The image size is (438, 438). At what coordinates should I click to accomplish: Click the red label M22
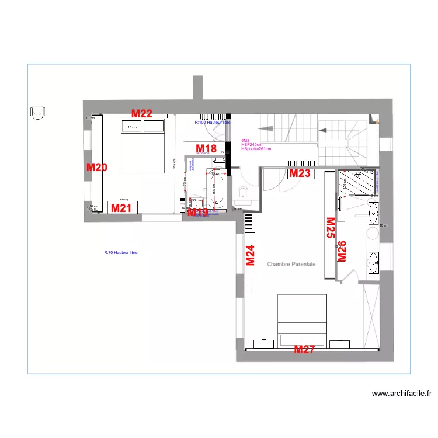click(x=141, y=114)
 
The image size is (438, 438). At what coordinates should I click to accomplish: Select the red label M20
click(x=97, y=168)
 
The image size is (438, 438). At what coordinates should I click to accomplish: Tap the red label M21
click(x=121, y=208)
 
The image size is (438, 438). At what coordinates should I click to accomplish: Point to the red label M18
click(x=206, y=149)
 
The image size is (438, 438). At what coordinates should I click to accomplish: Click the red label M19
click(x=197, y=213)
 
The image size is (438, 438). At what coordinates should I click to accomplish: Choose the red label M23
click(x=300, y=173)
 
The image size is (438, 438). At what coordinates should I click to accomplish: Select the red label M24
click(x=250, y=256)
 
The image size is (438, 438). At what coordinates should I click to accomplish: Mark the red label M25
click(x=330, y=228)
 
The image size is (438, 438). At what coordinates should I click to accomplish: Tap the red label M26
click(x=342, y=251)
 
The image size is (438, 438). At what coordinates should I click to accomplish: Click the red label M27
click(x=304, y=350)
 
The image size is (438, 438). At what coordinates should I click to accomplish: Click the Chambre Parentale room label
click(x=291, y=265)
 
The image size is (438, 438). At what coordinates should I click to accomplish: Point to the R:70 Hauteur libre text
click(x=121, y=253)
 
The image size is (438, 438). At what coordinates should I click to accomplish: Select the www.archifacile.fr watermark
click(x=401, y=394)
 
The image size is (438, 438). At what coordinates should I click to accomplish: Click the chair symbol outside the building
click(x=38, y=112)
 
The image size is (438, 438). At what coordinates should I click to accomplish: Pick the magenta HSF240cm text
click(x=252, y=145)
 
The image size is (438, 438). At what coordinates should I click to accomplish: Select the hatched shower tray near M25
click(x=357, y=183)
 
